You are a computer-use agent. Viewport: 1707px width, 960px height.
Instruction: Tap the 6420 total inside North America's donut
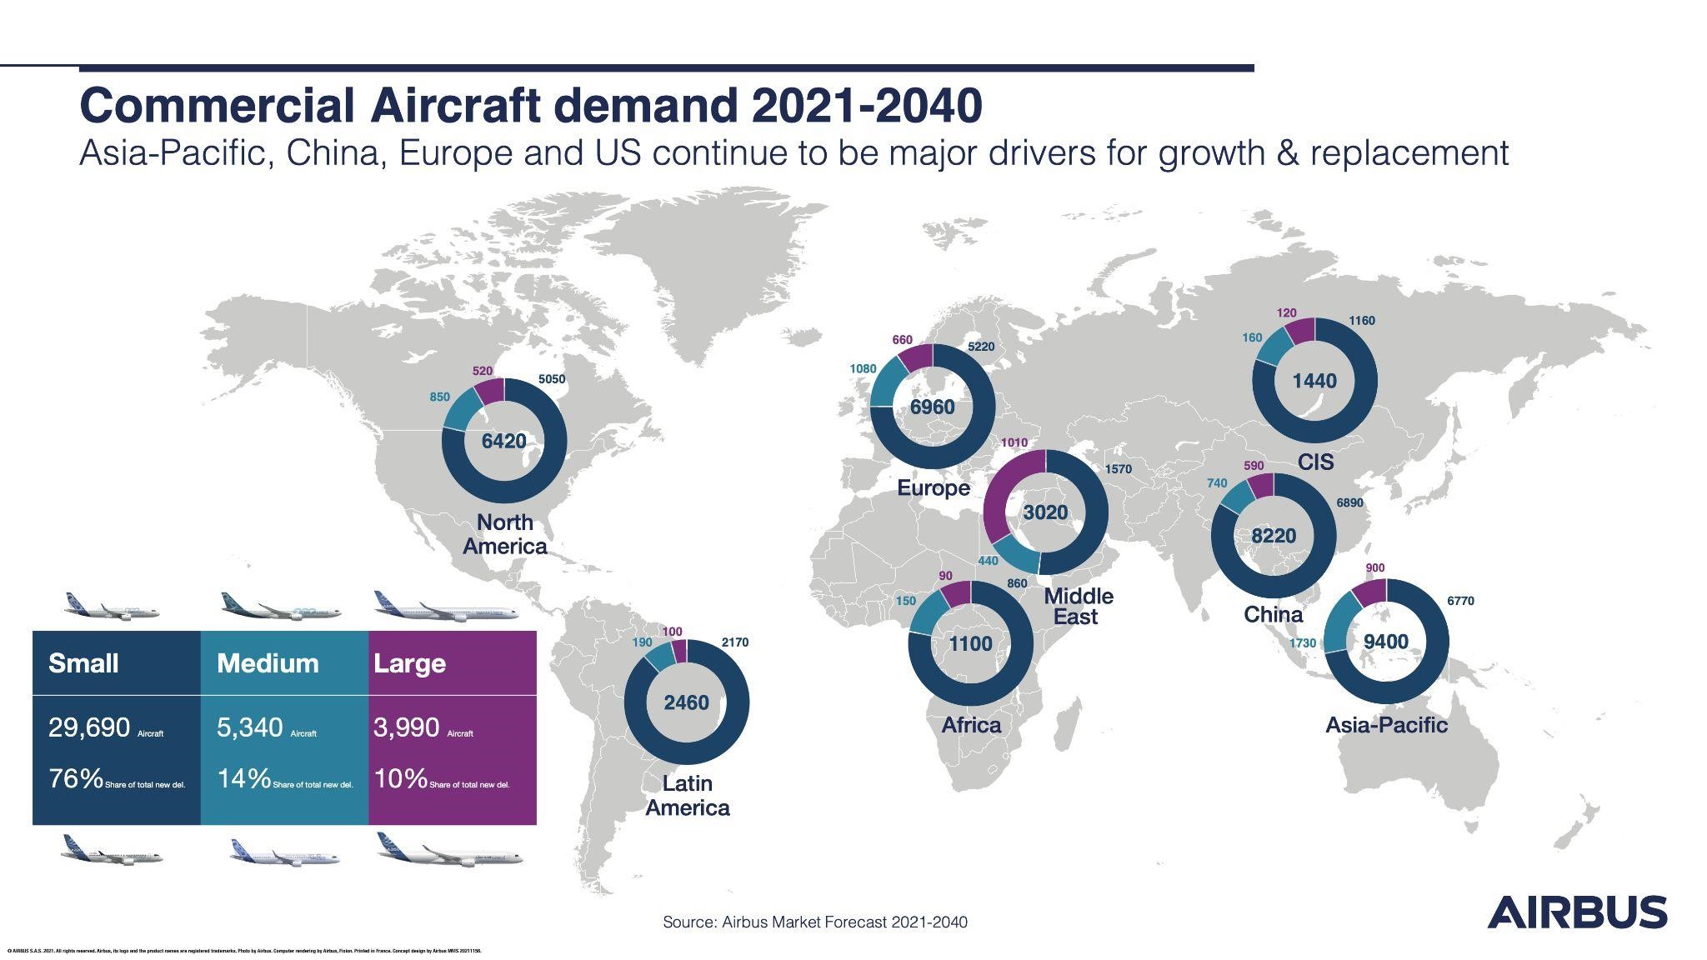tap(503, 441)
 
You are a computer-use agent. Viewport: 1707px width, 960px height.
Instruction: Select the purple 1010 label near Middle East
tap(1014, 442)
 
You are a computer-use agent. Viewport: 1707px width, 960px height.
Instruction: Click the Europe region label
tap(933, 488)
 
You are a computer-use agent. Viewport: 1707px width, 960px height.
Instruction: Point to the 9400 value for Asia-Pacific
tap(1385, 642)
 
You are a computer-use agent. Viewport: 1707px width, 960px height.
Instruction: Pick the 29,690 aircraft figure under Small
tap(89, 727)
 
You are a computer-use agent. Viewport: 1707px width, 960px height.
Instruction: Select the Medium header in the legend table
tap(268, 663)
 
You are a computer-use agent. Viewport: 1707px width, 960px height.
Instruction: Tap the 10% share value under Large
tap(401, 779)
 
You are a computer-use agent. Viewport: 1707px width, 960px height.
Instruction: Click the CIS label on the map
tap(1315, 462)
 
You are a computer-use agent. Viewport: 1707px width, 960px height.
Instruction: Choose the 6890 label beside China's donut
tap(1349, 502)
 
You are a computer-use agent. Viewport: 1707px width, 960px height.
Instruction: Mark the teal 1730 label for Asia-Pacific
tap(1302, 643)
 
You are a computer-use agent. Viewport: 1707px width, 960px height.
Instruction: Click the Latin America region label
tap(687, 796)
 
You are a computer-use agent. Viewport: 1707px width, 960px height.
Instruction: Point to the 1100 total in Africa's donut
tap(970, 643)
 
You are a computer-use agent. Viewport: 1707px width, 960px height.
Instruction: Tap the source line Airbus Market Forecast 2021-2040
tap(814, 922)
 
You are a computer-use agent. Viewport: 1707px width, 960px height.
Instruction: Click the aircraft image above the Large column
tap(445, 606)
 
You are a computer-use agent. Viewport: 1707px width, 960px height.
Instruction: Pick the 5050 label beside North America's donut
tap(551, 379)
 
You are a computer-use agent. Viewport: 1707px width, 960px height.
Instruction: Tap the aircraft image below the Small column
tap(112, 850)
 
